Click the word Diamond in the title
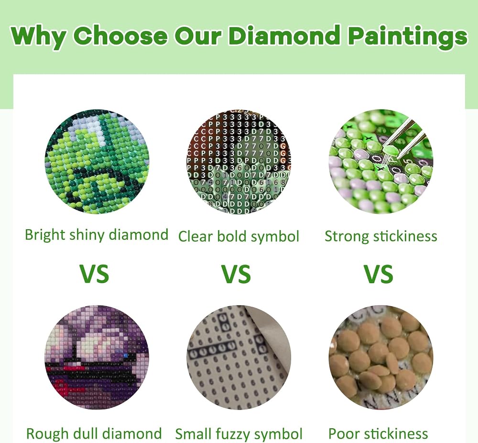pos(284,35)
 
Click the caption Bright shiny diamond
pos(97,235)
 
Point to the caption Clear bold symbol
pos(239,236)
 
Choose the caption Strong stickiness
pos(381,236)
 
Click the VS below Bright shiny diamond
pos(94,274)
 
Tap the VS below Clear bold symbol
pos(236,274)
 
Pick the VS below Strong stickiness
pos(378,274)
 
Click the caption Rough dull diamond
pos(94,433)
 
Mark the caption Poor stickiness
pos(378,433)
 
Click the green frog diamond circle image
pos(97,162)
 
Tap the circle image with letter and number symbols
pos(239,162)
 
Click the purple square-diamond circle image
pos(97,357)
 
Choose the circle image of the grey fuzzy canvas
pos(239,357)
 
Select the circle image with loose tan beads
pos(381,357)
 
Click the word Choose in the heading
pos(121,35)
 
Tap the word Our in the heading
pos(198,36)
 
